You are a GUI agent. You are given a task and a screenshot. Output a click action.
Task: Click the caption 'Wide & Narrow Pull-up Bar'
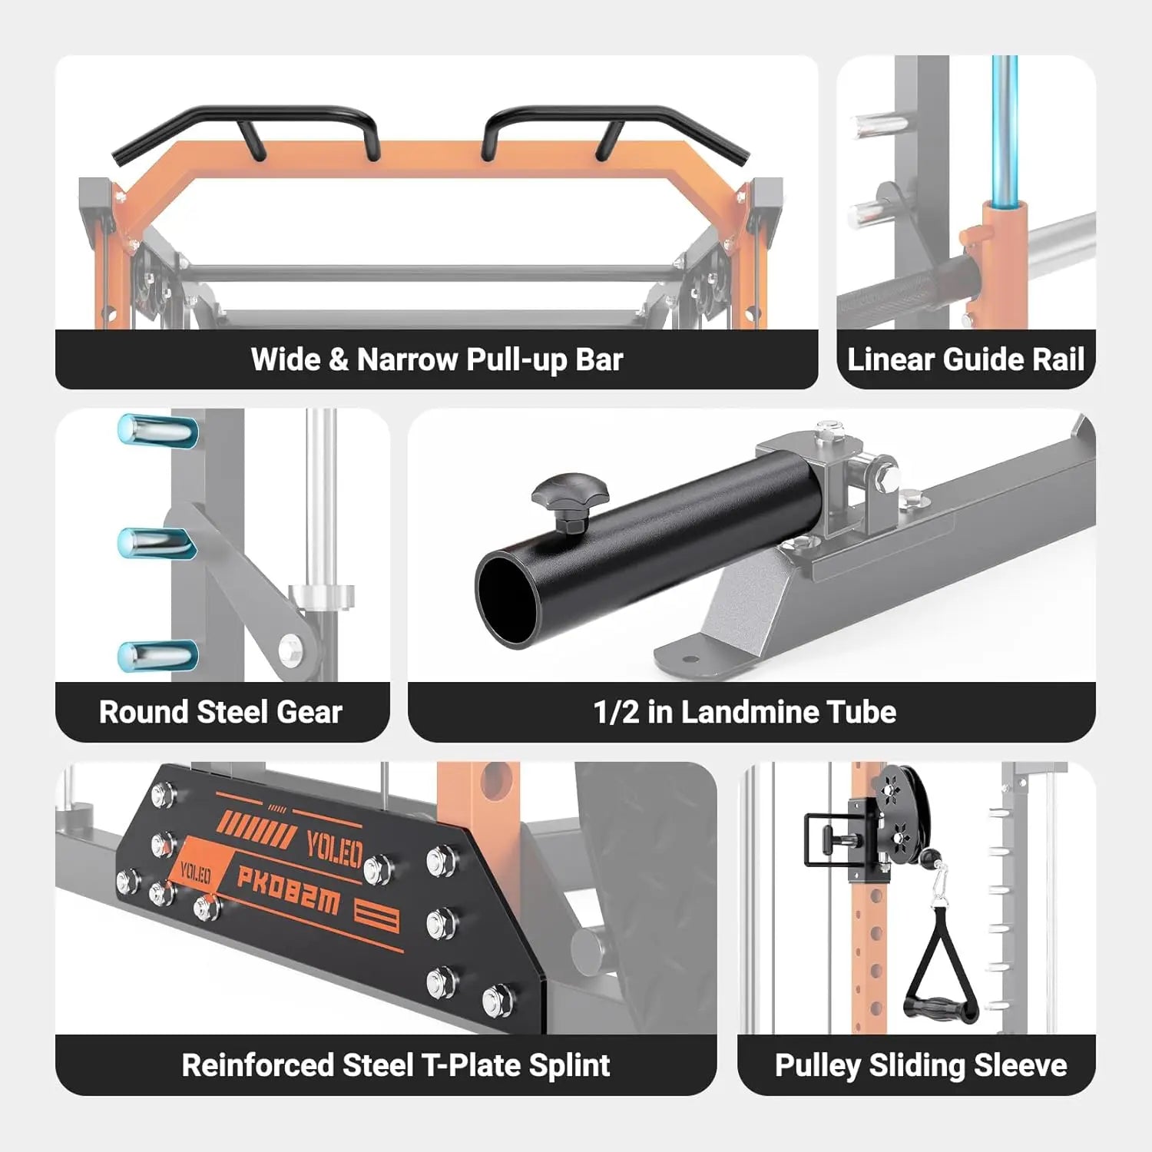(x=436, y=359)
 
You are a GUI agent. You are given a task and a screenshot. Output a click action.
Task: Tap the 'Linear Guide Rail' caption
(x=965, y=359)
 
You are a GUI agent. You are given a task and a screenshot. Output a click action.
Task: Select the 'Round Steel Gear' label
(x=220, y=712)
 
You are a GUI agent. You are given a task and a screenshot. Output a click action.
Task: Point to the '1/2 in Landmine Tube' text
(x=744, y=712)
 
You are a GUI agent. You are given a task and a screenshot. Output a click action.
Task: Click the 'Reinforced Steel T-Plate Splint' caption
(x=396, y=1065)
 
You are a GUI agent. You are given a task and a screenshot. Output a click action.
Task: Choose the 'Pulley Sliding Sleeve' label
(x=921, y=1065)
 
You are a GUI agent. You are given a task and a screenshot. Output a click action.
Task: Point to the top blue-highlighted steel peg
(x=157, y=429)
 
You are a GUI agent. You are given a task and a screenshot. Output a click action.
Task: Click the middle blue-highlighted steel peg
(x=157, y=543)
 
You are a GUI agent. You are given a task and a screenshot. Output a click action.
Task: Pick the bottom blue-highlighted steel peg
(x=157, y=656)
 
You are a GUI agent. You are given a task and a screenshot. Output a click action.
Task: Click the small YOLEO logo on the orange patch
(x=195, y=873)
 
